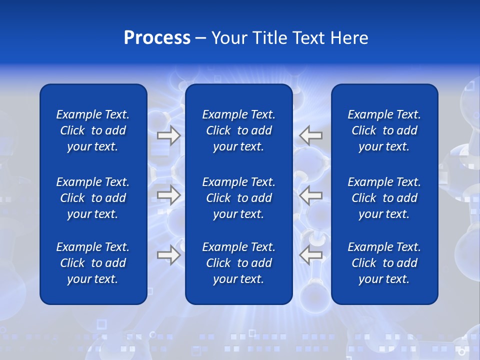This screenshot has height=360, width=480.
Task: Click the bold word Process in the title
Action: (157, 38)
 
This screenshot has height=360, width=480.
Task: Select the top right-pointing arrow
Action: (168, 135)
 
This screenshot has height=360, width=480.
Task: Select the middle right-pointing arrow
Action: (168, 195)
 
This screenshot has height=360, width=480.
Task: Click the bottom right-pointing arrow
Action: (168, 255)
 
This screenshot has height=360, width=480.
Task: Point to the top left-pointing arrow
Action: (311, 135)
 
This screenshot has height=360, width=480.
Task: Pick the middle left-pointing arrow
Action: (311, 195)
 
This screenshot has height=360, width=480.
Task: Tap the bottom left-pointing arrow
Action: (311, 255)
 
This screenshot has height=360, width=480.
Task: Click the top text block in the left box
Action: (93, 130)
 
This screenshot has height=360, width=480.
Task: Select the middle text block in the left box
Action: (93, 198)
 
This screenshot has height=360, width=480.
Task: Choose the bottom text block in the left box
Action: (93, 263)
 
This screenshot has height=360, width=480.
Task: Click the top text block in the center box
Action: (239, 130)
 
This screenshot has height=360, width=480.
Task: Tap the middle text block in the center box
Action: (239, 198)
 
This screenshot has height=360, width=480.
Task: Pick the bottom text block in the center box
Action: (239, 263)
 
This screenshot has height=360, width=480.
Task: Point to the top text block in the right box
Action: (384, 130)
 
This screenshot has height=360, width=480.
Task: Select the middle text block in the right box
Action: (384, 198)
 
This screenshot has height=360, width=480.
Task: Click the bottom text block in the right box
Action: (384, 263)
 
